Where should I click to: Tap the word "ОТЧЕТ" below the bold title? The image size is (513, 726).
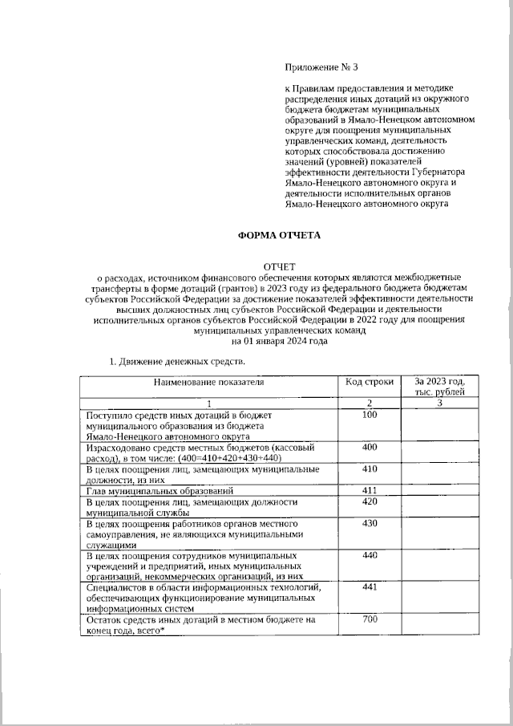[x=280, y=266]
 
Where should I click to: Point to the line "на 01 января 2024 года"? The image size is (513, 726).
[x=280, y=340]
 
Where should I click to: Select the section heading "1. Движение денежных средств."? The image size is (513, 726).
[x=176, y=363]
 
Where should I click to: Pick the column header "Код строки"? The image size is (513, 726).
[x=370, y=382]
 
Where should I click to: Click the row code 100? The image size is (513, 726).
[x=370, y=415]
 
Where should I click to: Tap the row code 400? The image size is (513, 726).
[x=370, y=446]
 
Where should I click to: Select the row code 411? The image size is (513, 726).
[x=370, y=489]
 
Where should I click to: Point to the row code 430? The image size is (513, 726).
[x=370, y=523]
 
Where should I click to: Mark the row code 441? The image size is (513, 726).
[x=370, y=587]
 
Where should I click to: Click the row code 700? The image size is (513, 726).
[x=370, y=619]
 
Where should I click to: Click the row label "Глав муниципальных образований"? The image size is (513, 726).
[x=160, y=489]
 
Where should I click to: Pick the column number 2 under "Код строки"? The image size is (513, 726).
[x=370, y=402]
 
